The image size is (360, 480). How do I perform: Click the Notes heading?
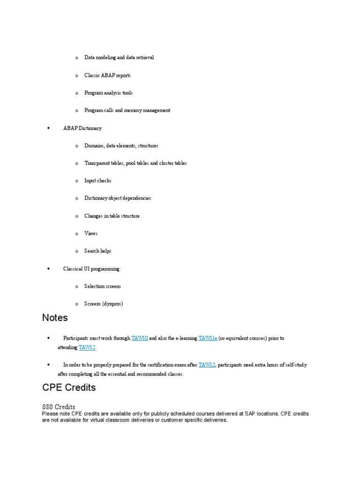click(x=55, y=318)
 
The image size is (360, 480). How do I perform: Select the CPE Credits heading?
click(x=69, y=388)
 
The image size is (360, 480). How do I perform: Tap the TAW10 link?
click(x=140, y=338)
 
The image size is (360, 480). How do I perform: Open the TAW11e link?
click(x=208, y=338)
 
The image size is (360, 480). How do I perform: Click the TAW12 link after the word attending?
click(x=87, y=347)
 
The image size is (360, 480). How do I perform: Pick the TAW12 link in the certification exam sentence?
click(x=207, y=365)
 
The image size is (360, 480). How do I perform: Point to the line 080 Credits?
click(x=59, y=406)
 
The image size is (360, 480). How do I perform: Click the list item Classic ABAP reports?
click(x=107, y=75)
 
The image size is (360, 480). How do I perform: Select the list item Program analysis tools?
click(x=108, y=93)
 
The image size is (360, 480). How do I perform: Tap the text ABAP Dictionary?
click(x=82, y=128)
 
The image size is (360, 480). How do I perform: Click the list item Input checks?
click(x=97, y=180)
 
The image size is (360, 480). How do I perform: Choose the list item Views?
click(x=91, y=233)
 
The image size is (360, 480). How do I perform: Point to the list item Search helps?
click(x=97, y=251)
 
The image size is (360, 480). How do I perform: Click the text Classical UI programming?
click(x=92, y=269)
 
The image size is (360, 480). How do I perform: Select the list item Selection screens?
click(x=102, y=286)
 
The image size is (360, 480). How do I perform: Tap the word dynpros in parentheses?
click(x=112, y=304)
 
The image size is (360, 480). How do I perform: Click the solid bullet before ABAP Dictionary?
click(x=49, y=128)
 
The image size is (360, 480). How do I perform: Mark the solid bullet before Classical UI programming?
click(x=49, y=269)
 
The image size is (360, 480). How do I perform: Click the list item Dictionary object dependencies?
click(x=118, y=198)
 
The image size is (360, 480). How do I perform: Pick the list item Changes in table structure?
click(x=112, y=216)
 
